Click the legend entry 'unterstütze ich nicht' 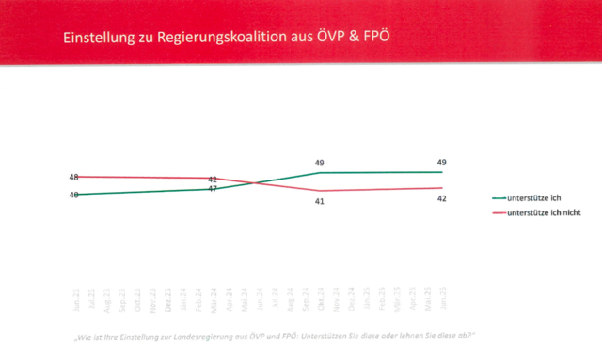(543, 213)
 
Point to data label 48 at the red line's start (73, 176)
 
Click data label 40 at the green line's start (73, 195)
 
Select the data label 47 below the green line (213, 190)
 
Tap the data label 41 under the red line (320, 201)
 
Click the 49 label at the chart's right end (441, 163)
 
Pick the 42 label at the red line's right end (441, 198)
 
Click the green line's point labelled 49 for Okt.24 (320, 173)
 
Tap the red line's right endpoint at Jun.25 (441, 188)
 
